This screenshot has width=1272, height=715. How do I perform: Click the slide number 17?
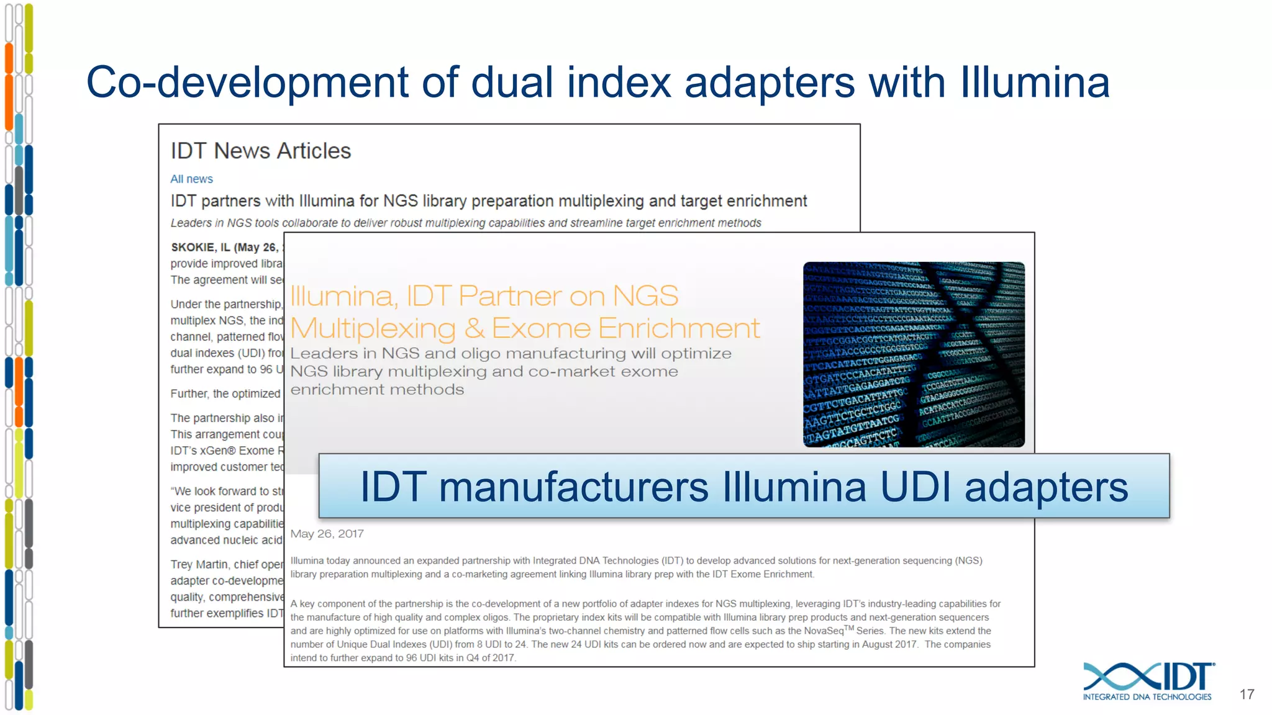coord(1247,695)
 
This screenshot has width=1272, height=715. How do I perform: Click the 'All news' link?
coord(191,179)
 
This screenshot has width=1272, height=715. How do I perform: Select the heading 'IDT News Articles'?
coord(261,151)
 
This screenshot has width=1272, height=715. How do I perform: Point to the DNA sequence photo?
coord(914,354)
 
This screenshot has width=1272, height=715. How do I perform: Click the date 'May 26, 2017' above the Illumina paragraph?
coord(327,534)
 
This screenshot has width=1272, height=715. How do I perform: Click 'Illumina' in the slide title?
coord(1035,82)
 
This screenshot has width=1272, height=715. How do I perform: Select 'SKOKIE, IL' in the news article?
coord(200,247)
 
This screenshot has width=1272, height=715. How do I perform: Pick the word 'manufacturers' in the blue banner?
coord(573,487)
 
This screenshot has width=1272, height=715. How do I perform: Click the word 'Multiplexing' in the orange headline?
coord(373,328)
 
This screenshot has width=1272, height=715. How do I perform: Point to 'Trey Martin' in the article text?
coord(198,564)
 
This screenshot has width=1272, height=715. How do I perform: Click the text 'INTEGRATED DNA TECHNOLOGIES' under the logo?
coord(1147,697)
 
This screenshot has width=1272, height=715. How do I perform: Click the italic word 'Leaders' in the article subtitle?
coord(191,223)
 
